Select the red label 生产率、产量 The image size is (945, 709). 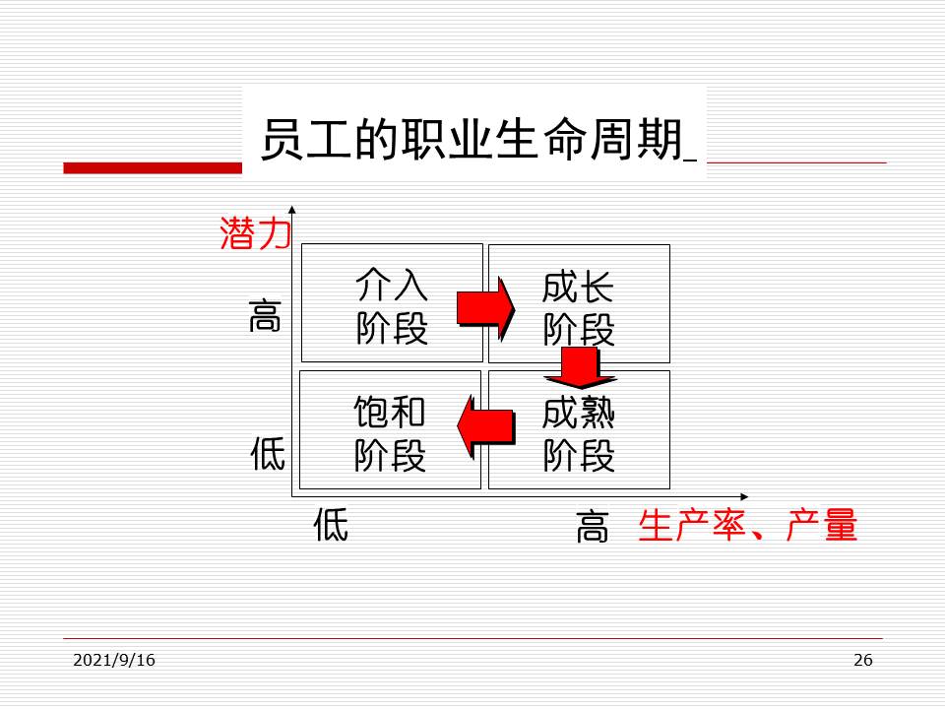tap(748, 526)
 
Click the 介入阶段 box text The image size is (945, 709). tap(392, 306)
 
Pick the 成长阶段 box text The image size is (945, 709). tap(579, 306)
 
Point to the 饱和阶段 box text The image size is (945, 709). tap(390, 433)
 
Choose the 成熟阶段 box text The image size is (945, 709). tap(579, 433)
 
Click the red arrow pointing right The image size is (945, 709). tap(485, 308)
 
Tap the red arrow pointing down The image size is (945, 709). tap(580, 367)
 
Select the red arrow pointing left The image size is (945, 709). tap(485, 425)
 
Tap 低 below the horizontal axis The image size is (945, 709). tap(331, 525)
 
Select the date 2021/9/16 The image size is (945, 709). tap(114, 660)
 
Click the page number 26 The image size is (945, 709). tap(862, 660)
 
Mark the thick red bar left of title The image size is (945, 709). tap(152, 168)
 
